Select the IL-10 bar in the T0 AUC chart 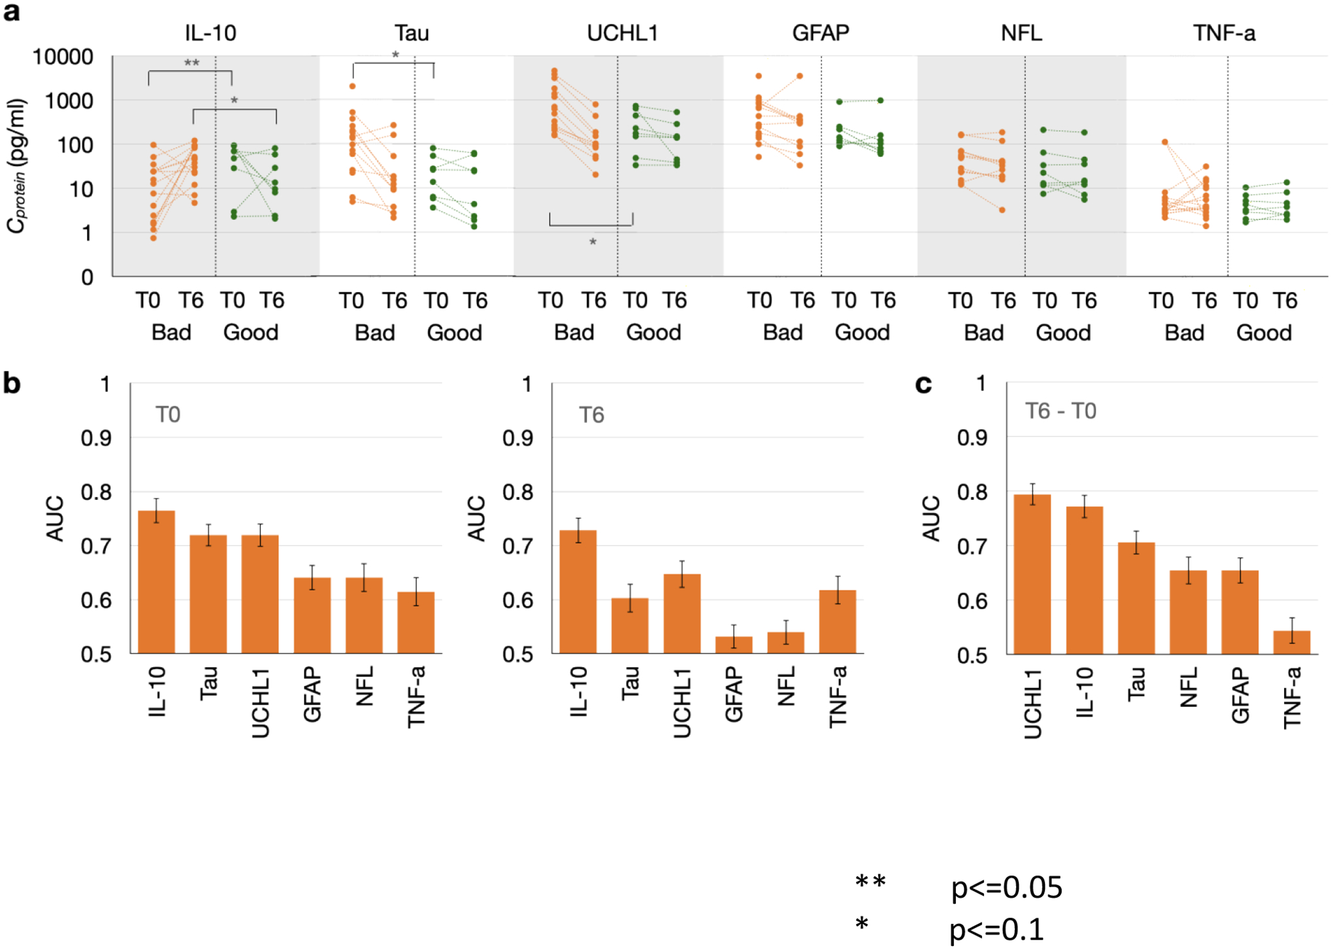click(x=156, y=581)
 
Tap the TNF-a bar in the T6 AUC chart click(x=837, y=621)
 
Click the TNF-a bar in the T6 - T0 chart click(x=1291, y=642)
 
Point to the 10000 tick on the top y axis click(x=63, y=57)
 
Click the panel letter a click(x=11, y=12)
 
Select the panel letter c click(x=923, y=384)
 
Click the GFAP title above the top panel click(x=820, y=33)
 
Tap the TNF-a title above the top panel click(x=1223, y=33)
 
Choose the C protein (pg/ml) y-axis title click(x=16, y=167)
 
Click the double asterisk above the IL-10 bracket click(x=191, y=63)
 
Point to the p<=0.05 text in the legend click(x=1006, y=887)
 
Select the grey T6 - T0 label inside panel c click(x=1060, y=411)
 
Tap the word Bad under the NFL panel click(x=983, y=333)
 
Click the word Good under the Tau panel click(x=454, y=333)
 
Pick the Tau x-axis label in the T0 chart click(x=208, y=683)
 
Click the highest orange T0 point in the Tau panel click(x=352, y=86)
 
